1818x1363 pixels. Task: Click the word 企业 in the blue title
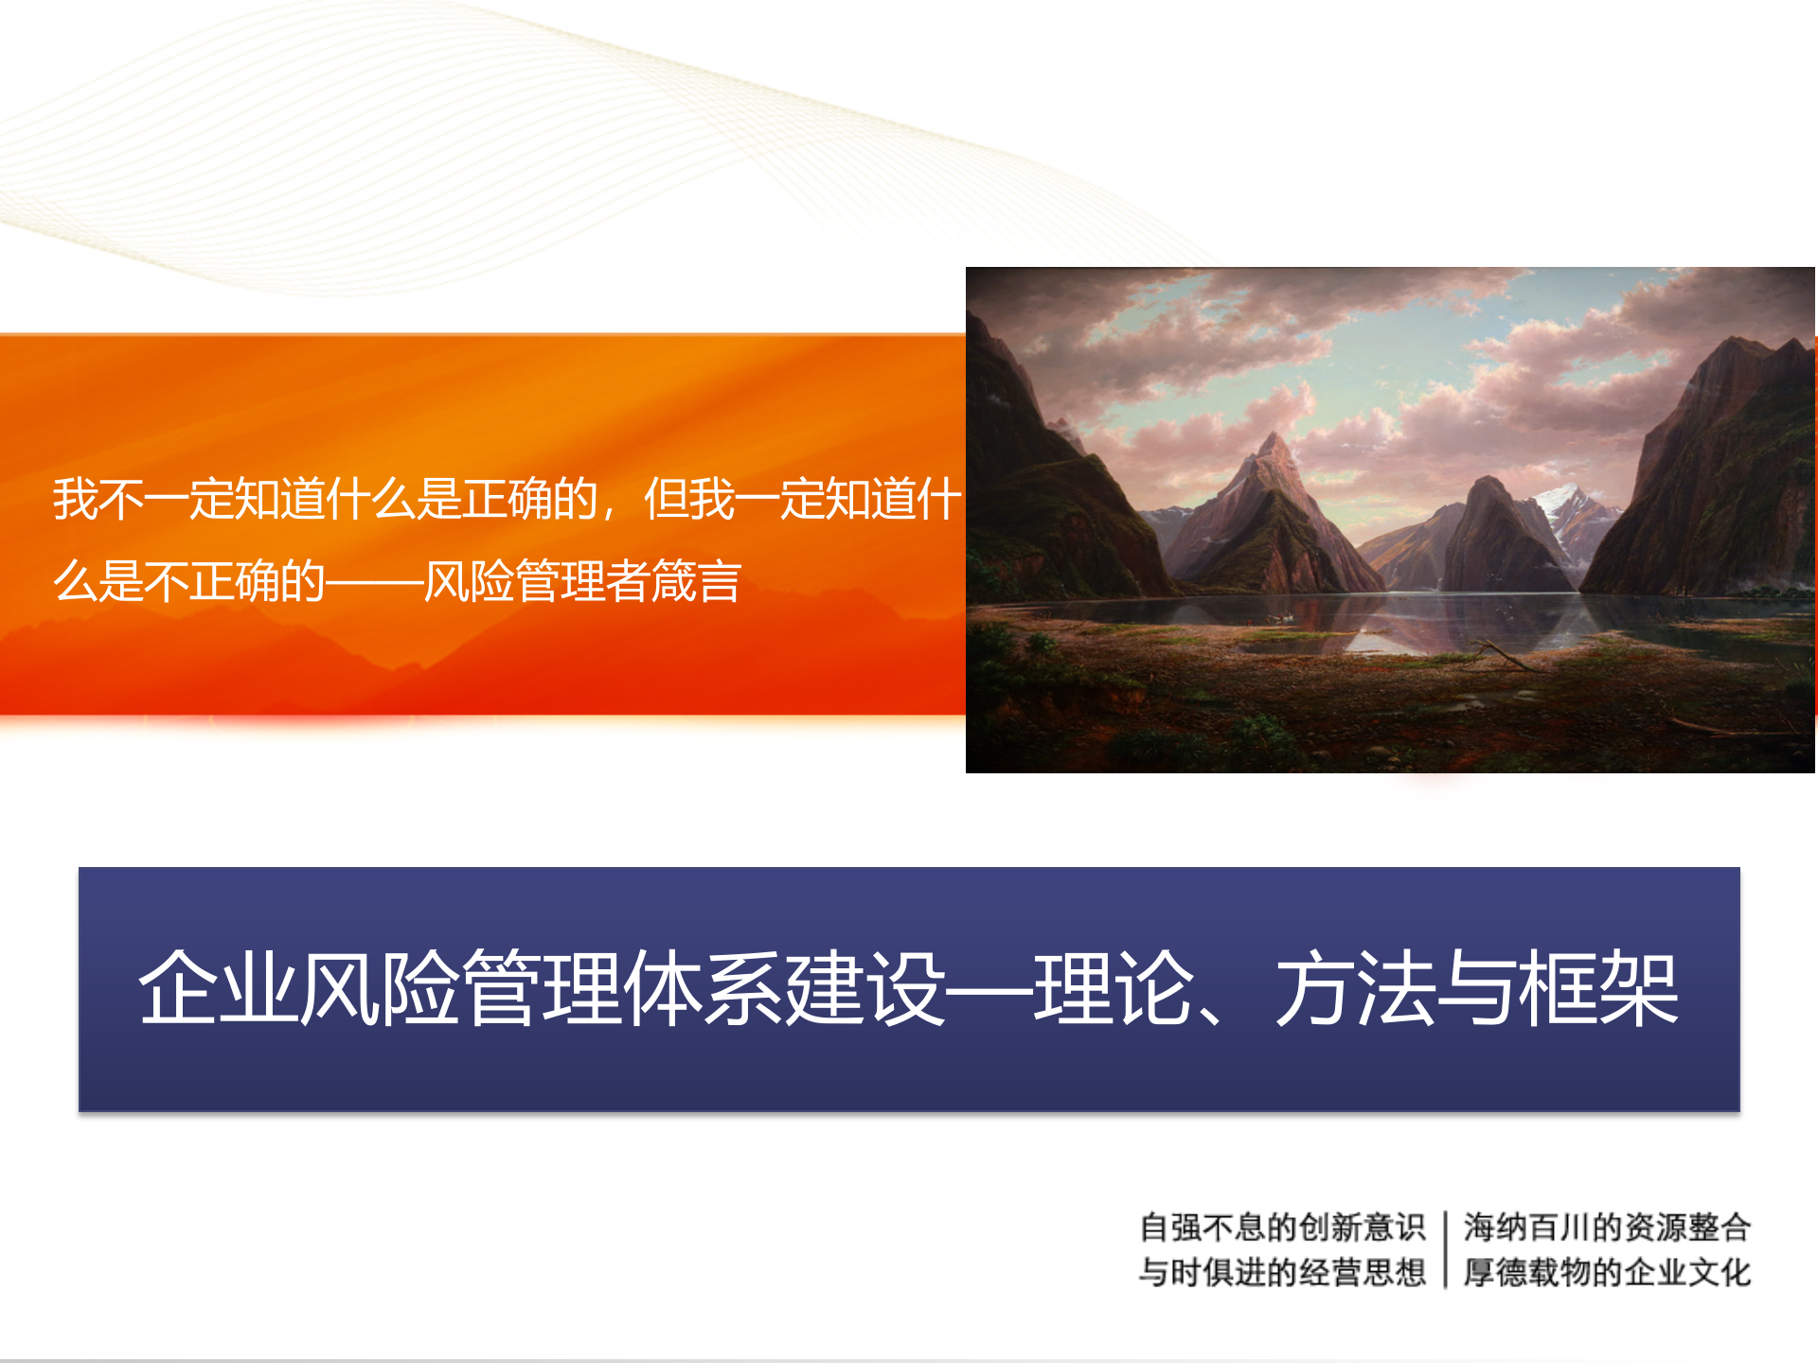[x=218, y=989]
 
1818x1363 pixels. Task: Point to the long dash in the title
[x=989, y=989]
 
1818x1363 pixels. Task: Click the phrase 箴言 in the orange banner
[x=696, y=581]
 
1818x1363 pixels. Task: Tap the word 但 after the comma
[x=666, y=499]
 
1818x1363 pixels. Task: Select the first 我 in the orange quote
[x=75, y=499]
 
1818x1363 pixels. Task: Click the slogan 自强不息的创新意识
[x=1282, y=1228]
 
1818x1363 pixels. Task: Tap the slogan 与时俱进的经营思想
[x=1282, y=1272]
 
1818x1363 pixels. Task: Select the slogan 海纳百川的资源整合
[x=1607, y=1228]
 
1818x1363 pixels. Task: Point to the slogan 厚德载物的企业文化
[x=1607, y=1272]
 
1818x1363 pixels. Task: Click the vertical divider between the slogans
[x=1445, y=1249]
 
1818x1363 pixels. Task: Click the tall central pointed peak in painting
[x=1274, y=454]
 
